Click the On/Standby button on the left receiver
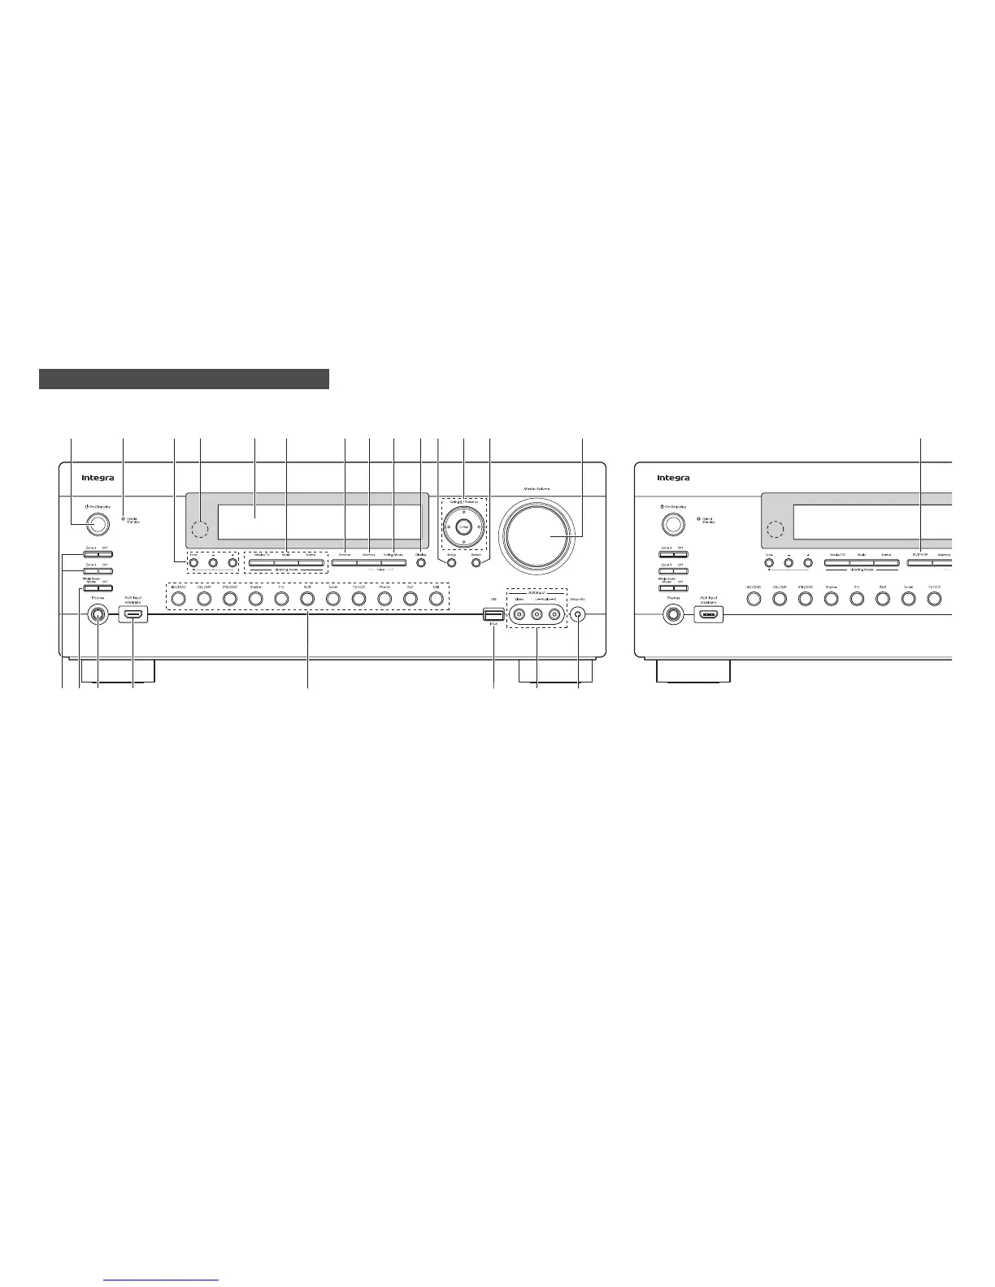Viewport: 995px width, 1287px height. click(97, 524)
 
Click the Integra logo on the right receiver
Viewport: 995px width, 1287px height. click(673, 478)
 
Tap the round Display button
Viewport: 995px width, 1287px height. click(420, 561)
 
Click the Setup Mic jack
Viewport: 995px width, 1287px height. click(578, 614)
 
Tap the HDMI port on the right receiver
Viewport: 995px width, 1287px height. click(708, 615)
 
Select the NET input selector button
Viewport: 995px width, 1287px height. click(411, 599)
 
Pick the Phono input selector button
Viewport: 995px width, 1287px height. click(385, 599)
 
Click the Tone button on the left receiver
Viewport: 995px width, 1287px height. click(193, 561)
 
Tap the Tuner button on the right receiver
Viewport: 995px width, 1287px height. click(909, 599)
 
